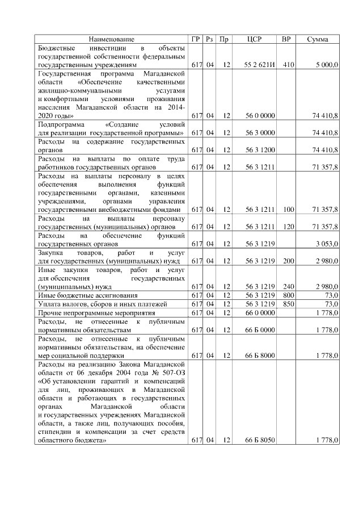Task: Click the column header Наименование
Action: [111, 39]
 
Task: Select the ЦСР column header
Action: [255, 39]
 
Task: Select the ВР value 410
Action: [288, 65]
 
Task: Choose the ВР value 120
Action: [288, 227]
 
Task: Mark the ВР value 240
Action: [288, 287]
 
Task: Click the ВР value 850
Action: [288, 304]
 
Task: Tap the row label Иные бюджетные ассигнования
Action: [79, 295]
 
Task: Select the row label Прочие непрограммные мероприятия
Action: [91, 312]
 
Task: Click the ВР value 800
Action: [288, 295]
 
